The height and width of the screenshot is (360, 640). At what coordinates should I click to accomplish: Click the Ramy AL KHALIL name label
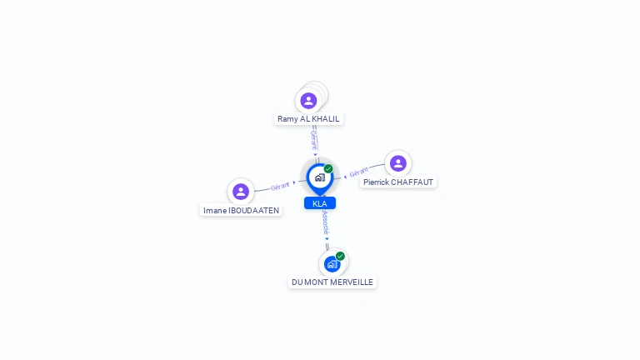click(308, 119)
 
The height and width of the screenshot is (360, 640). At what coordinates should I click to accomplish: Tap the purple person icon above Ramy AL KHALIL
click(308, 101)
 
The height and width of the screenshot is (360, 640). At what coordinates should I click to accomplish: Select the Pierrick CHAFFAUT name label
click(398, 182)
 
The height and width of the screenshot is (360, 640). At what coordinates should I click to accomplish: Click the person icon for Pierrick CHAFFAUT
click(398, 163)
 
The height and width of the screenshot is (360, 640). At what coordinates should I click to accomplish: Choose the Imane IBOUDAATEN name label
click(241, 211)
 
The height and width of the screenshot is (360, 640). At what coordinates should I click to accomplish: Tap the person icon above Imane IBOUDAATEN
click(241, 192)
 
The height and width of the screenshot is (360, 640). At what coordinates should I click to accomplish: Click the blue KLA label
click(320, 203)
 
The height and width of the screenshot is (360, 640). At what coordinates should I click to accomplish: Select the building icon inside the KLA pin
click(320, 177)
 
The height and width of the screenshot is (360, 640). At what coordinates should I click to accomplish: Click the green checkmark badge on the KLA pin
click(328, 168)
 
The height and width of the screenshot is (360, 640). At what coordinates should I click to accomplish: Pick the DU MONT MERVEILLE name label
click(332, 282)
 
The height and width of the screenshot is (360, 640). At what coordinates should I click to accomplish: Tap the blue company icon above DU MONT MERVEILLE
click(332, 264)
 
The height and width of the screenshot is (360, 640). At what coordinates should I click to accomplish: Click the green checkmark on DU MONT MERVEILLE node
click(340, 257)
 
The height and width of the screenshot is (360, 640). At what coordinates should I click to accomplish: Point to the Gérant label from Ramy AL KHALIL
click(314, 140)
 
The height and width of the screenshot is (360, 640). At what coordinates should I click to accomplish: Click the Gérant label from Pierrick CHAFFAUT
click(359, 172)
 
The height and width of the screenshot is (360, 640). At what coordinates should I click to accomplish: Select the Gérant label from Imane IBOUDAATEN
click(280, 187)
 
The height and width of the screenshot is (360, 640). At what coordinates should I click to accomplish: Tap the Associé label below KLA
click(325, 222)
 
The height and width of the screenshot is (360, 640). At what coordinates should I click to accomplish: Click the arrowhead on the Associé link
click(327, 239)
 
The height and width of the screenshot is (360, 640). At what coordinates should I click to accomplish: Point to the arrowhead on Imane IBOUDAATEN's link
click(294, 182)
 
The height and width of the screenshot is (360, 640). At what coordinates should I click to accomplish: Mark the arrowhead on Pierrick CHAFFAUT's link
click(345, 177)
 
